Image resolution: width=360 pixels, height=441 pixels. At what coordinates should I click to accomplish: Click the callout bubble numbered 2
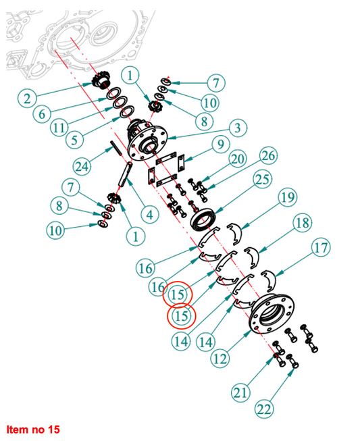pyautogui.click(x=27, y=99)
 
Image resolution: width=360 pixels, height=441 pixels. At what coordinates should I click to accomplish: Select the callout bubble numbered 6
pyautogui.click(x=42, y=113)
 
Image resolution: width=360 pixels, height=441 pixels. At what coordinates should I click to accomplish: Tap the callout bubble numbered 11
pyautogui.click(x=59, y=128)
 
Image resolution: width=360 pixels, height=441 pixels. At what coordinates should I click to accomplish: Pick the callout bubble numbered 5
pyautogui.click(x=74, y=139)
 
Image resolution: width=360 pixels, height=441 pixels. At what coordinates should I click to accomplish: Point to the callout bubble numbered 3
pyautogui.click(x=238, y=128)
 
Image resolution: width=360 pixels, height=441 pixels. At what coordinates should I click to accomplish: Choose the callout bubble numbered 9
pyautogui.click(x=221, y=145)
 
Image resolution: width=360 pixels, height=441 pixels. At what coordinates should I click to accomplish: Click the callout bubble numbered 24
pyautogui.click(x=82, y=167)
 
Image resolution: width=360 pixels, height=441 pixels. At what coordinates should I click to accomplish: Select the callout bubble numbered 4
pyautogui.click(x=150, y=215)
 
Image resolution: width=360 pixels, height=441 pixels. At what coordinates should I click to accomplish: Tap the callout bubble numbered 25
pyautogui.click(x=263, y=180)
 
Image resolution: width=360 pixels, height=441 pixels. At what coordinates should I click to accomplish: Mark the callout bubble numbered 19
pyautogui.click(x=288, y=197)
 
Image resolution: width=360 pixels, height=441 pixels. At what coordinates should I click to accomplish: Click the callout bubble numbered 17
pyautogui.click(x=322, y=248)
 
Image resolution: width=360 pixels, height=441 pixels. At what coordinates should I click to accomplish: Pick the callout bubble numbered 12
pyautogui.click(x=220, y=359)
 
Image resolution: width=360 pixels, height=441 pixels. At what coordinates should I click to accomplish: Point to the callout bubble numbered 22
pyautogui.click(x=264, y=409)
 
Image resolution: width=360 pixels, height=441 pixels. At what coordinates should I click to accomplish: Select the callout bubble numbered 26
pyautogui.click(x=268, y=155)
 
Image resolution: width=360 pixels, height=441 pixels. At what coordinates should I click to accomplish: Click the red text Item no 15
pyautogui.click(x=33, y=430)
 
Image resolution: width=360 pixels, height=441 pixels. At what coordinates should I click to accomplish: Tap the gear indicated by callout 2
pyautogui.click(x=101, y=81)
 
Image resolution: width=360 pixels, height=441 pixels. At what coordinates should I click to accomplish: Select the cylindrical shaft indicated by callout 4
pyautogui.click(x=126, y=174)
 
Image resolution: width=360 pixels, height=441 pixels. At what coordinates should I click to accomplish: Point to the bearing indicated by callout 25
pyautogui.click(x=204, y=219)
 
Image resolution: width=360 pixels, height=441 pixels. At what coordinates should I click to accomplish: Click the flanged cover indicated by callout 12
pyautogui.click(x=272, y=314)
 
